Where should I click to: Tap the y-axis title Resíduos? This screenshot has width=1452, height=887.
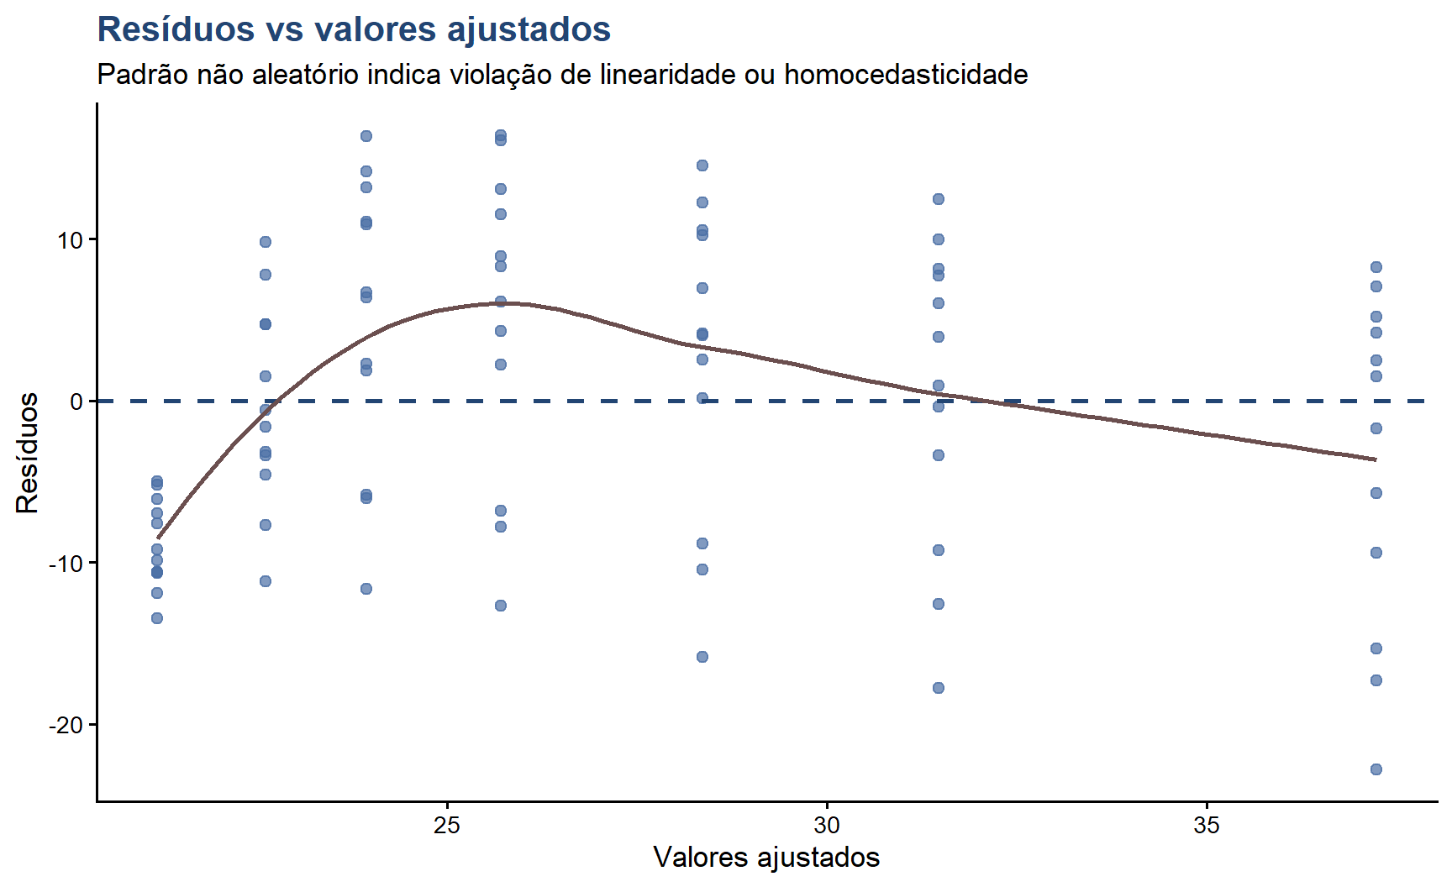point(28,453)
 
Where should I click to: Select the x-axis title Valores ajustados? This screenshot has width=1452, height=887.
point(766,858)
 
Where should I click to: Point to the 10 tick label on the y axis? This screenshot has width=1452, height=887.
point(70,240)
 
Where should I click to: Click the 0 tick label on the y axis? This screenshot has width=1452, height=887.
point(76,402)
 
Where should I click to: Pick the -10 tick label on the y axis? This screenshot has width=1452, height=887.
point(66,564)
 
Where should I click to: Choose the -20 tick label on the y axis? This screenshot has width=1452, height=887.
point(66,725)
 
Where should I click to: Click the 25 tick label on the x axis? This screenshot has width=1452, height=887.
point(447,826)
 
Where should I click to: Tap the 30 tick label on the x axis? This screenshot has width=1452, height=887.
point(827,826)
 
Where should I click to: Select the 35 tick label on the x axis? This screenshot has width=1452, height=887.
point(1207,826)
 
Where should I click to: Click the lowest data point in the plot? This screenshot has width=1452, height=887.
point(1376,769)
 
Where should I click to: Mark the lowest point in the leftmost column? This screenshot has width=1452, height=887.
point(157,618)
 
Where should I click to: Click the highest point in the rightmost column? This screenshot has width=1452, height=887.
point(1376,267)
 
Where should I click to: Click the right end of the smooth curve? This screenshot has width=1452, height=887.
point(1376,459)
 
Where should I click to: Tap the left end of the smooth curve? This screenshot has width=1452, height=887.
point(158,538)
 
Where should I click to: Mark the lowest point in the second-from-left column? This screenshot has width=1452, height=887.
point(266,581)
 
